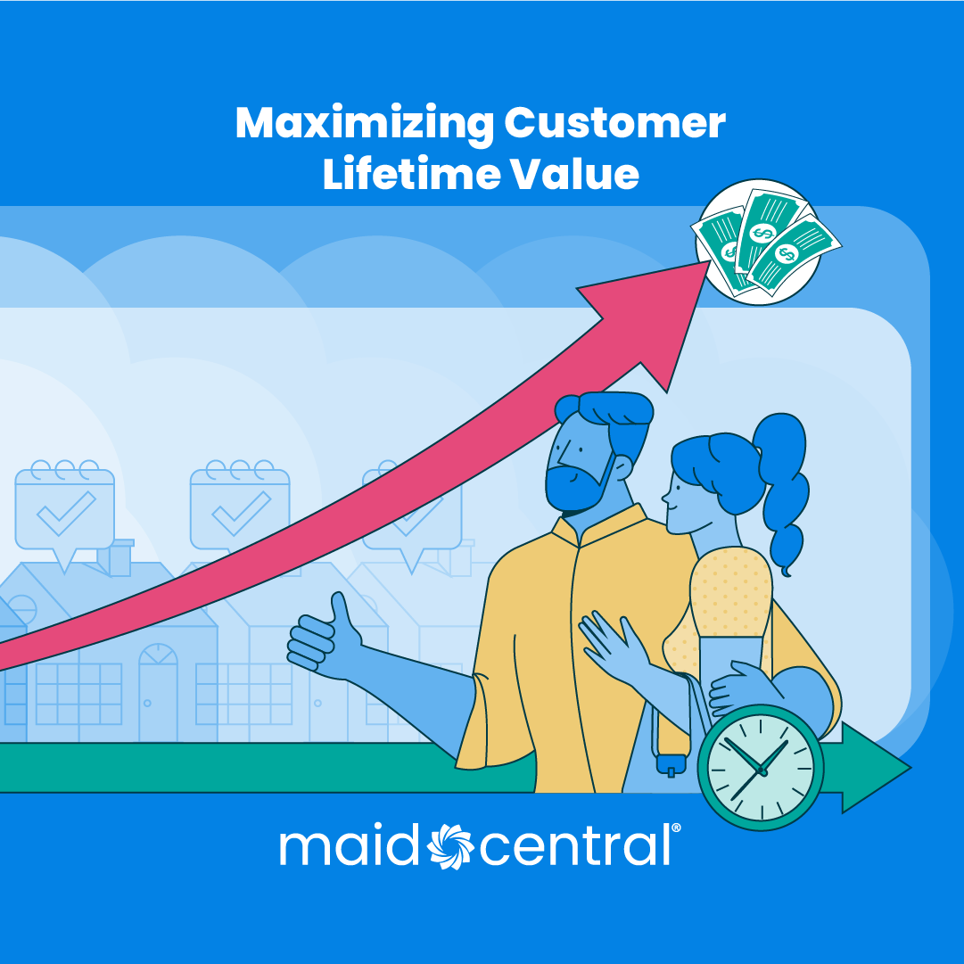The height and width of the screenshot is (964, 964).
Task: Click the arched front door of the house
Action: tap(158, 691)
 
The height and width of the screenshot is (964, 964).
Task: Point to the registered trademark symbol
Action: tap(676, 828)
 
